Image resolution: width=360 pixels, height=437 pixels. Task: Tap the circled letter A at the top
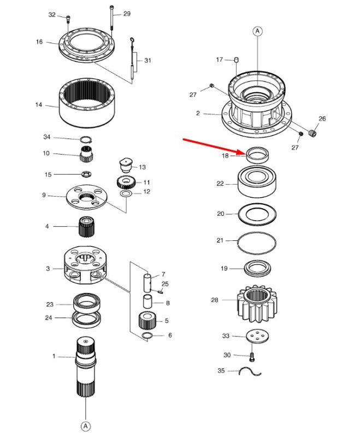257,31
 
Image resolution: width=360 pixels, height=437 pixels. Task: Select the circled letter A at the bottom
86,426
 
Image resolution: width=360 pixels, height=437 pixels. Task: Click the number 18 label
225,156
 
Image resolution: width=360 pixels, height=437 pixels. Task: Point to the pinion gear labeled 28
257,304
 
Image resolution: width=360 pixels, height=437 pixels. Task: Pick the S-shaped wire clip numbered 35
250,372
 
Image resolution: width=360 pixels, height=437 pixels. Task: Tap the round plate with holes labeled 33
257,336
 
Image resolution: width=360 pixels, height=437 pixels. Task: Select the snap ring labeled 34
86,139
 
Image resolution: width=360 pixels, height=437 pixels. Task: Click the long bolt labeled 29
112,17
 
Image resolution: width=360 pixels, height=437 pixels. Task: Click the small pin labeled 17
237,60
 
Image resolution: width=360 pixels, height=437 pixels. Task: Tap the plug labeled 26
313,133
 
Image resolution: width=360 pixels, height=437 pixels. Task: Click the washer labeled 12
126,194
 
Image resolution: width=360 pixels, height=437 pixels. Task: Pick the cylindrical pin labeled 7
147,282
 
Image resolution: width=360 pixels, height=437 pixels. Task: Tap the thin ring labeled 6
147,335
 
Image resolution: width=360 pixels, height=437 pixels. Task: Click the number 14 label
39,105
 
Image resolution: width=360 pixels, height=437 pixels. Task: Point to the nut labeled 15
86,174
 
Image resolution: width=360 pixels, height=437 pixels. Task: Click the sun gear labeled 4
87,226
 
